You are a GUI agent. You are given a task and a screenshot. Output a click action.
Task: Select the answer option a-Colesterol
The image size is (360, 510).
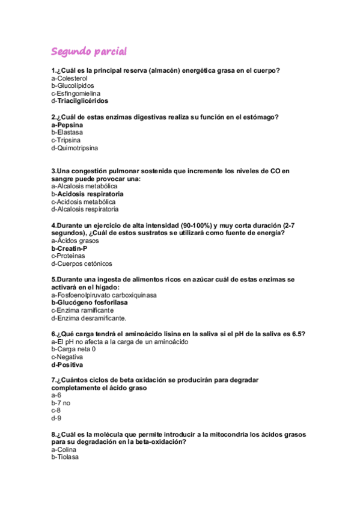point(70,78)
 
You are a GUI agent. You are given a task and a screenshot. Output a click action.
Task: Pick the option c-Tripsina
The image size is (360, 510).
point(67,140)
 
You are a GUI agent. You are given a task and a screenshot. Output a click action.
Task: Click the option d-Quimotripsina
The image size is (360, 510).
point(75,147)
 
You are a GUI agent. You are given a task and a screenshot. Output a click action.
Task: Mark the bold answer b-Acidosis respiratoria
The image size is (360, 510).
point(88,194)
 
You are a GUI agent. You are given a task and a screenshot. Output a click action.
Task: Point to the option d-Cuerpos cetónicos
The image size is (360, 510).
point(82,263)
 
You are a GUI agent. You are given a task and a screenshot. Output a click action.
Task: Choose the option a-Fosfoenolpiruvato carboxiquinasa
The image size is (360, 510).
point(104,295)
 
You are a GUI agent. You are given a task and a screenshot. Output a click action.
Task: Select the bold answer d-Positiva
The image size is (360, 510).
point(67,364)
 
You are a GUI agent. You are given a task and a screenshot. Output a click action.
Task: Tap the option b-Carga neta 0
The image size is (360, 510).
point(74,349)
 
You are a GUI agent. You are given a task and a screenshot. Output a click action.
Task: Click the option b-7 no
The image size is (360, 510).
point(61,403)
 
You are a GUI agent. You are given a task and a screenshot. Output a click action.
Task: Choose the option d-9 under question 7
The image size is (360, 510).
point(56,418)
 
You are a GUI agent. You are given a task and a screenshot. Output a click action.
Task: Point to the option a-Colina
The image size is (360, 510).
point(64,449)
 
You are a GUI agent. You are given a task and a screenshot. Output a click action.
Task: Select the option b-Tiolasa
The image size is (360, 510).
point(65,457)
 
